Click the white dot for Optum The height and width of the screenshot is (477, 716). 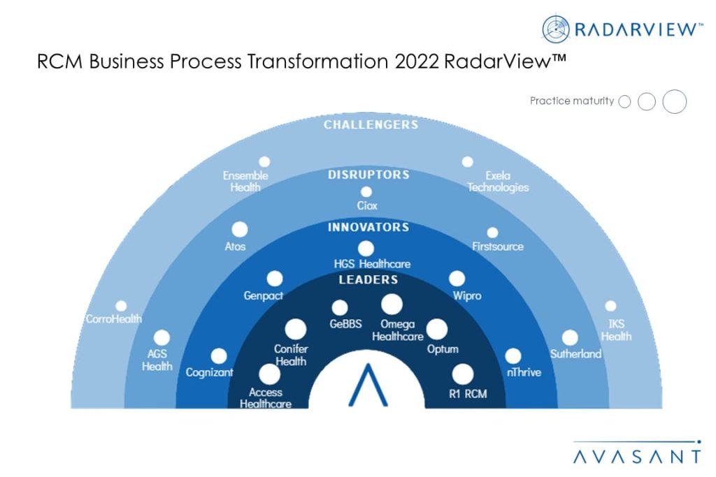point(437,329)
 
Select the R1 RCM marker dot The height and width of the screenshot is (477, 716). point(462,374)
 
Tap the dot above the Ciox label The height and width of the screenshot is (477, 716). point(366,192)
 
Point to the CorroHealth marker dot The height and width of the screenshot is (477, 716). point(121,306)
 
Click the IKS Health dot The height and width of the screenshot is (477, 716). point(610,306)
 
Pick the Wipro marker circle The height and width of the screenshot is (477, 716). point(457,279)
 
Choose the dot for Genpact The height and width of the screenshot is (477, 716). point(275,279)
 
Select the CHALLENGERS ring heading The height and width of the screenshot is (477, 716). point(371,125)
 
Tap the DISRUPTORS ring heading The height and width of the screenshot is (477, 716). point(368,175)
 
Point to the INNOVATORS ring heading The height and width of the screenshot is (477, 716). point(368,228)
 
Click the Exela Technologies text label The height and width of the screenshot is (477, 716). point(498,182)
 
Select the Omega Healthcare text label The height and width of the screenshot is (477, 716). point(397,330)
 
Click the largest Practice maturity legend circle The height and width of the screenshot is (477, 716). point(675,101)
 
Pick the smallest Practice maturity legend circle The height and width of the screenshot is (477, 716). point(624,102)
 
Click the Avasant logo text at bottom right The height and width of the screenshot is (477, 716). point(636,457)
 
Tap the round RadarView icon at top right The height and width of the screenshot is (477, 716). point(556,29)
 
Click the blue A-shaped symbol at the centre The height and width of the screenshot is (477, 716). point(368,386)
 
